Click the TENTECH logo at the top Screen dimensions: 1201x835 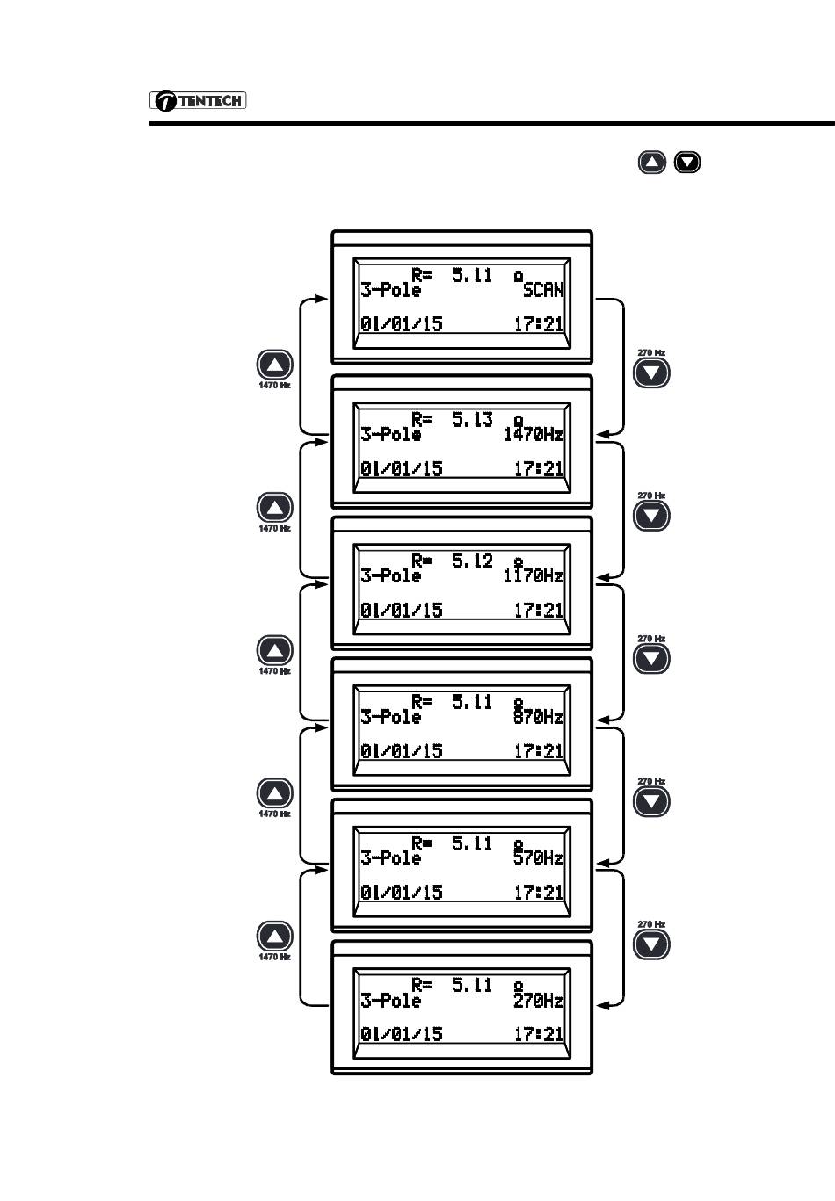click(198, 101)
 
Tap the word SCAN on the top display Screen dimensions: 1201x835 click(543, 290)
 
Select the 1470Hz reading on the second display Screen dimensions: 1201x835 click(534, 434)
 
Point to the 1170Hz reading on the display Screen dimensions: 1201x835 click(534, 575)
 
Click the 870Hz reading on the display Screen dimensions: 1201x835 click(539, 717)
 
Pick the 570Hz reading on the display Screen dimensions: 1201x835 click(539, 858)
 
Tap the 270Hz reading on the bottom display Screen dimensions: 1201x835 click(539, 1001)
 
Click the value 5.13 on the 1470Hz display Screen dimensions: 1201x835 click(472, 420)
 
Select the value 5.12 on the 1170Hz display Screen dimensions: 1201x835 click(472, 561)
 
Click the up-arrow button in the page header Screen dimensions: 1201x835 click(651, 163)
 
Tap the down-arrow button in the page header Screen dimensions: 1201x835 click(687, 163)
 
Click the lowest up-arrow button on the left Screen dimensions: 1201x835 click(274, 937)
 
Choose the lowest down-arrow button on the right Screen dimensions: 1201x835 click(651, 944)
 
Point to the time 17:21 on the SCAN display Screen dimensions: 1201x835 click(538, 324)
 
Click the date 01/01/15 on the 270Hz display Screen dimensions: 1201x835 click(402, 1034)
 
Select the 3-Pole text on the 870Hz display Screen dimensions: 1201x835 click(391, 717)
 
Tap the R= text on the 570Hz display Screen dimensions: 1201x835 click(422, 843)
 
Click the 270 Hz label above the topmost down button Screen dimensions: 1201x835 click(651, 353)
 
